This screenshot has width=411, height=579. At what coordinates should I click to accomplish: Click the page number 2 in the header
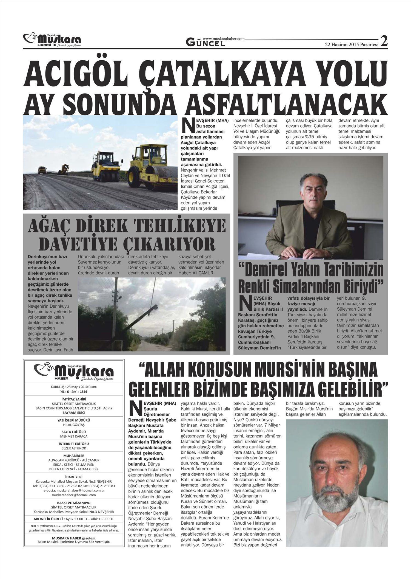tap(384, 41)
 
